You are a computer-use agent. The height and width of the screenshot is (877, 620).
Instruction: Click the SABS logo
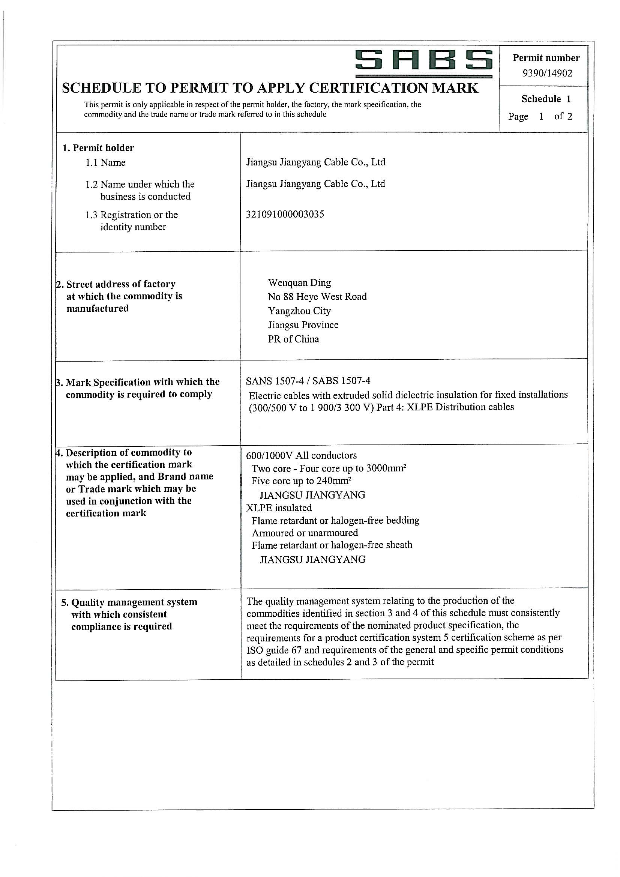[x=423, y=62]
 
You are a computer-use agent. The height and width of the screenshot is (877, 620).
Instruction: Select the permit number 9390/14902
[x=547, y=74]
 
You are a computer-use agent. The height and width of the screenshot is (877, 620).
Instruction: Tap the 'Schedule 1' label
[x=546, y=99]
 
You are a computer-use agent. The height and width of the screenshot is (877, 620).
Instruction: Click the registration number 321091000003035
[x=285, y=214]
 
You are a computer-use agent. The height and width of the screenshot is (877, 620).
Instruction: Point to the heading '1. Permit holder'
[x=99, y=148]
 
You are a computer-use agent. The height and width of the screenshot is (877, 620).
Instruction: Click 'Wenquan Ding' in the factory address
[x=299, y=283]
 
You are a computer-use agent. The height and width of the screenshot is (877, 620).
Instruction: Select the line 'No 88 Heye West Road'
[x=317, y=297]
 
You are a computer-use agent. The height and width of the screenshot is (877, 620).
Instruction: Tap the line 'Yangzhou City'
[x=299, y=311]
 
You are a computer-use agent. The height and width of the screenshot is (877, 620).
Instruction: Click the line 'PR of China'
[x=293, y=339]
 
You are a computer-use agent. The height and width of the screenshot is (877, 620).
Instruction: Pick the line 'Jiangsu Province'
[x=303, y=325]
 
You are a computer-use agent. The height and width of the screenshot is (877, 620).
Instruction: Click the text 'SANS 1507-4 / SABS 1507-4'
[x=308, y=381]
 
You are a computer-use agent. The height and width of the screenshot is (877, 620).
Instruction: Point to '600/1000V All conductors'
[x=302, y=455]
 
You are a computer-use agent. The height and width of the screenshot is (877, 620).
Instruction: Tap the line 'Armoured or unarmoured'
[x=305, y=533]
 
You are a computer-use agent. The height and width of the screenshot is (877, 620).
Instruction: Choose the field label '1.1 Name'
[x=105, y=163]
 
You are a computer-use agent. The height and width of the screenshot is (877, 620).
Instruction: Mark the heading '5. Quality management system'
[x=129, y=602]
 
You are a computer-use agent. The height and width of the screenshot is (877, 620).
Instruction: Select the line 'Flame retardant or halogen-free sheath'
[x=332, y=545]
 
